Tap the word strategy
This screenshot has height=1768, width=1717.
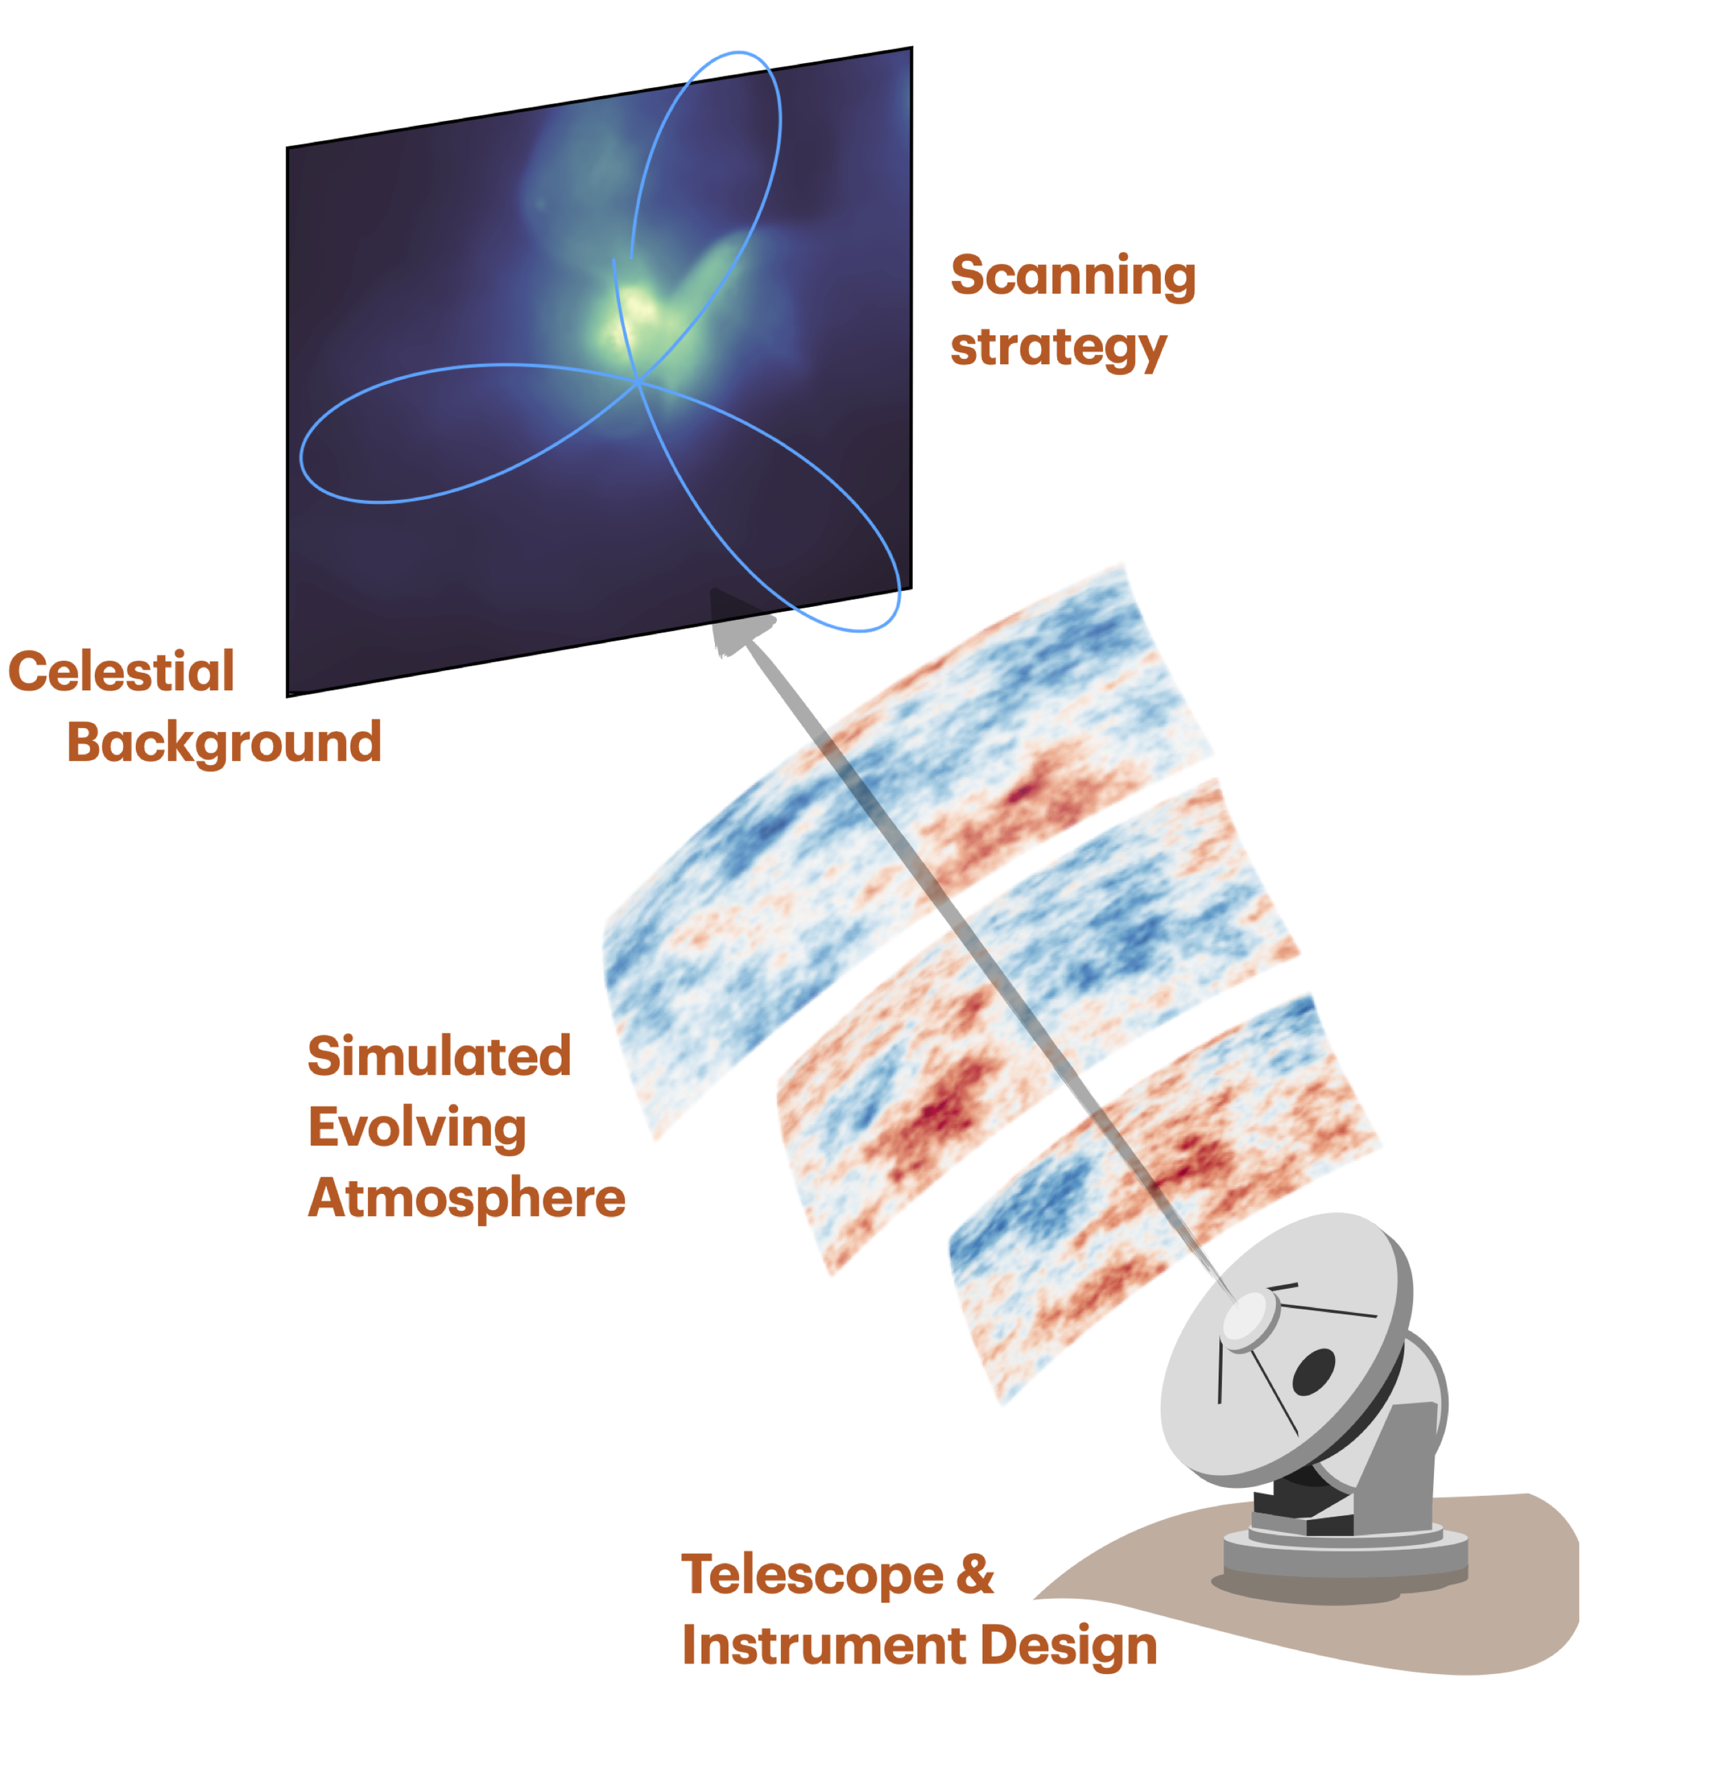pyautogui.click(x=1058, y=347)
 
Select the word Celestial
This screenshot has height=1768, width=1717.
pyautogui.click(x=121, y=672)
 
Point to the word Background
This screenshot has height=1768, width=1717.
pyautogui.click(x=224, y=742)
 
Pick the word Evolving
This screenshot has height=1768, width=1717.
pyautogui.click(x=417, y=1127)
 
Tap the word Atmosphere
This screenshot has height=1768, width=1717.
pyautogui.click(x=466, y=1198)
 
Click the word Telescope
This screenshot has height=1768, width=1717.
pyautogui.click(x=812, y=1575)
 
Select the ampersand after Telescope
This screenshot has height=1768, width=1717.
pyautogui.click(x=975, y=1575)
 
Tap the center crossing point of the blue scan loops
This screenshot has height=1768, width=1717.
pyautogui.click(x=638, y=382)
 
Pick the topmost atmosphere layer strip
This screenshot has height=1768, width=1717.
pyautogui.click(x=902, y=812)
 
